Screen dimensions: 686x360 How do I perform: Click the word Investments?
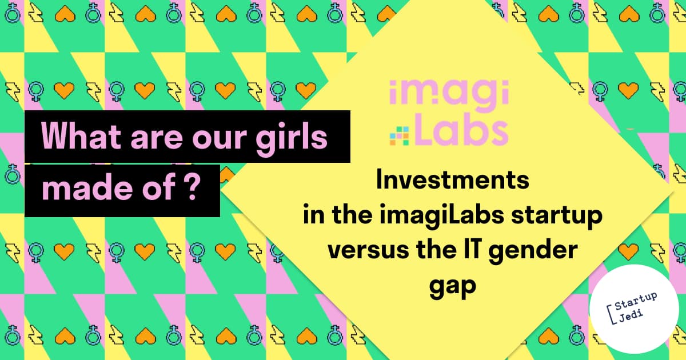tap(453, 180)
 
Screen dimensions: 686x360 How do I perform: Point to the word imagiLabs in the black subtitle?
tap(441, 216)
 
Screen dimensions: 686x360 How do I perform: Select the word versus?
tap(368, 251)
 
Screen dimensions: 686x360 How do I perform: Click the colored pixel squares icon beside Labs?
tap(399, 135)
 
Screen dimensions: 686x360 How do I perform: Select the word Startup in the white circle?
tap(636, 301)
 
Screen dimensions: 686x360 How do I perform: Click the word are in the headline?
tap(157, 139)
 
